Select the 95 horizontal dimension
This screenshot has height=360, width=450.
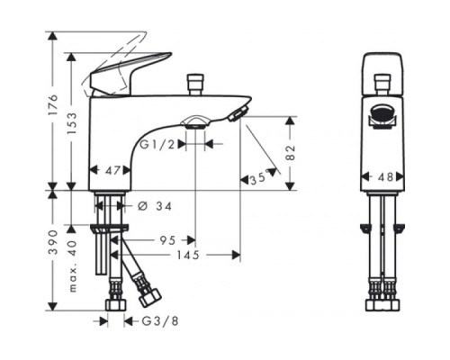(167, 240)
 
